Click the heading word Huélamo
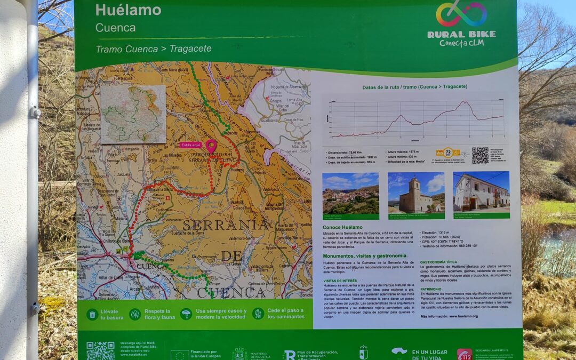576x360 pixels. (128, 10)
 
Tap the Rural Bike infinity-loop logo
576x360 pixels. (461, 13)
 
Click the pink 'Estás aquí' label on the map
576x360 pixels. (191, 145)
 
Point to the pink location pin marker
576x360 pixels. (211, 145)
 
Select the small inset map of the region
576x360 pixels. (133, 114)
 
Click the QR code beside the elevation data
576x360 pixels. (480, 155)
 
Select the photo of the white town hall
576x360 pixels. (481, 193)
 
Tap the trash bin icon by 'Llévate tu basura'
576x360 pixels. (92, 314)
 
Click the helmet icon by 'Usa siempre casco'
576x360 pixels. (186, 314)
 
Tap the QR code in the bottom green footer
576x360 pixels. (100, 350)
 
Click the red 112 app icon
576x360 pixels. (464, 354)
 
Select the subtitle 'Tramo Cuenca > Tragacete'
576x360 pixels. (154, 49)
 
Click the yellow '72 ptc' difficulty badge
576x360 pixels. (447, 154)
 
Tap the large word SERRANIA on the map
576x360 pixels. (226, 225)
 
